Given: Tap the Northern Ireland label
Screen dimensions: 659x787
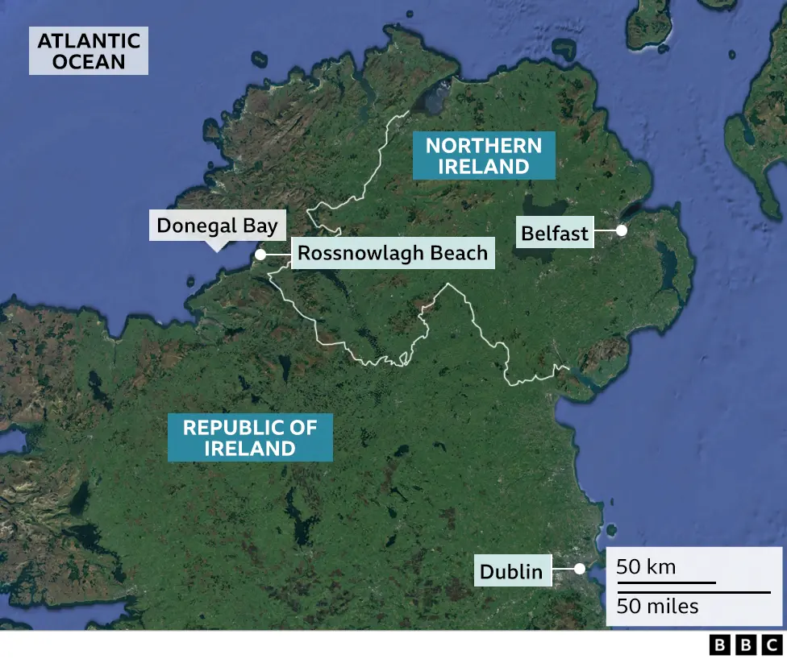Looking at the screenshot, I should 484,156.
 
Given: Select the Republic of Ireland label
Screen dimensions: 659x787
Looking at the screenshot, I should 250,437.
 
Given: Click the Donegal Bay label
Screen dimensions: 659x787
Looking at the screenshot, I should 217,225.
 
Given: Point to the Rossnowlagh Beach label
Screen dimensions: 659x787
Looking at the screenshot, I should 393,254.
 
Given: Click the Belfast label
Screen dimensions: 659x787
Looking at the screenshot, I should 555,234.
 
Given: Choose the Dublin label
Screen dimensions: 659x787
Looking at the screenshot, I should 511,571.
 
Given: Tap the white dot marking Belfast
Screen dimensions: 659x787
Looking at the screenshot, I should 622,230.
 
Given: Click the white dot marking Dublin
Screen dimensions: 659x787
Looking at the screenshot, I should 579,568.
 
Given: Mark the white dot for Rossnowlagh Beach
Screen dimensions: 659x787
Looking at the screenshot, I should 260,255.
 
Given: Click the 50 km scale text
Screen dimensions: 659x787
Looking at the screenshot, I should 646,567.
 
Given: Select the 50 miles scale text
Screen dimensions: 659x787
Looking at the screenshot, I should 657,606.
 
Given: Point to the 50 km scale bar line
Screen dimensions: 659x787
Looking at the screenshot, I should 666,582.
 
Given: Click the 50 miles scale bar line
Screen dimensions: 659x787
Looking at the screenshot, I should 693,592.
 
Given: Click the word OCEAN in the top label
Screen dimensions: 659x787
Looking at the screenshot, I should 88,61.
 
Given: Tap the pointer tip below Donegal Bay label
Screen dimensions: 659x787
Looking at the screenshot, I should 215,249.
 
